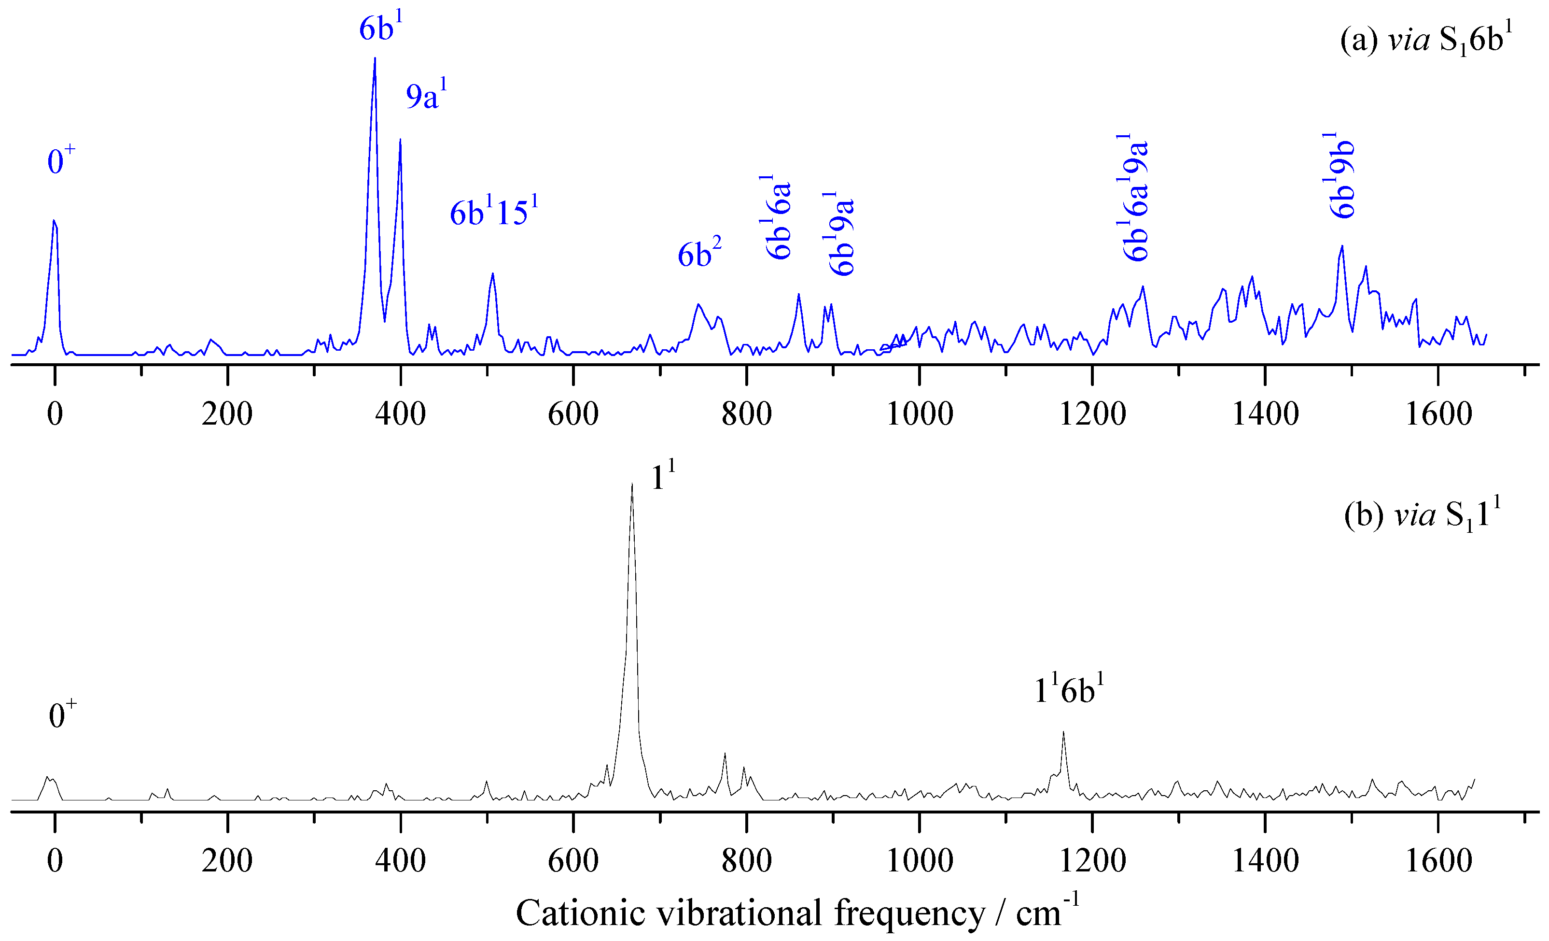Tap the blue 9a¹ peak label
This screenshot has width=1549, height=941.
coord(426,96)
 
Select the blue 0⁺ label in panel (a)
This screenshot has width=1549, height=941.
coord(61,160)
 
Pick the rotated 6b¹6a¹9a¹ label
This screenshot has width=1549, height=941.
coord(1136,198)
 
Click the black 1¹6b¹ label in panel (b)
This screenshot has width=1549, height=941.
coord(1069,689)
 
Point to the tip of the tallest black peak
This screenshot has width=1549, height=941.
coord(632,483)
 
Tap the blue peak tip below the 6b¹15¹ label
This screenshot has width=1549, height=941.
coord(493,273)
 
